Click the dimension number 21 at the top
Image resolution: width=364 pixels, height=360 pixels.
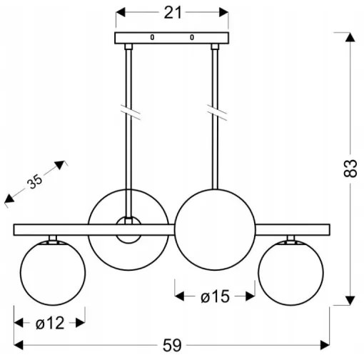(172, 12)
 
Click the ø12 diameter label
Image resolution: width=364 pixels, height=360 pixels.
(50, 323)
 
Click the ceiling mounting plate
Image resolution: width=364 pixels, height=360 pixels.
(172, 37)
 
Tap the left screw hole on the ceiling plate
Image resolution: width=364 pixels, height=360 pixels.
(151, 37)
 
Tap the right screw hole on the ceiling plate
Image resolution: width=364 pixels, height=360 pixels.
(191, 37)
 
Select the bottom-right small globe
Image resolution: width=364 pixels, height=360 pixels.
(292, 274)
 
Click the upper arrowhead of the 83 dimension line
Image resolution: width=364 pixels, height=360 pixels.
(349, 37)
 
